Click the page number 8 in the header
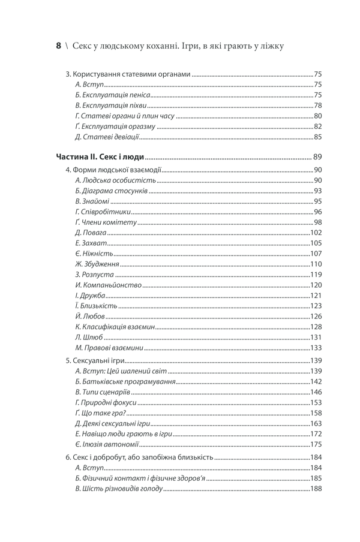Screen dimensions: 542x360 click(x=58, y=46)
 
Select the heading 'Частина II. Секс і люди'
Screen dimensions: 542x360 click(x=100, y=157)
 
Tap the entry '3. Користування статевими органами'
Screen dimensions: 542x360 click(x=128, y=74)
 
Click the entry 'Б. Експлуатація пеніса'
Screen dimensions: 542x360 click(x=112, y=95)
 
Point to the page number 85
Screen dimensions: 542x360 click(x=318, y=137)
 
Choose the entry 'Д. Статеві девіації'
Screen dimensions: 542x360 click(x=107, y=137)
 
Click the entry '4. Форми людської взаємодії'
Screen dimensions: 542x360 click(x=113, y=170)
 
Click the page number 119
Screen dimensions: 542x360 click(x=316, y=275)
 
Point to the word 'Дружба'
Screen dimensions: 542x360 click(x=93, y=296)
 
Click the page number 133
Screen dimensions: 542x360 click(x=316, y=348)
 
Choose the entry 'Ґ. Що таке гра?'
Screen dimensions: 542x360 click(x=100, y=412)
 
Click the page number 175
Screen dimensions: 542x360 click(x=316, y=444)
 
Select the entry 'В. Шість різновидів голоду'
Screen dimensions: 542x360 click(x=119, y=489)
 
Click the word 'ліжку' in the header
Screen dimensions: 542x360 click(x=271, y=46)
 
